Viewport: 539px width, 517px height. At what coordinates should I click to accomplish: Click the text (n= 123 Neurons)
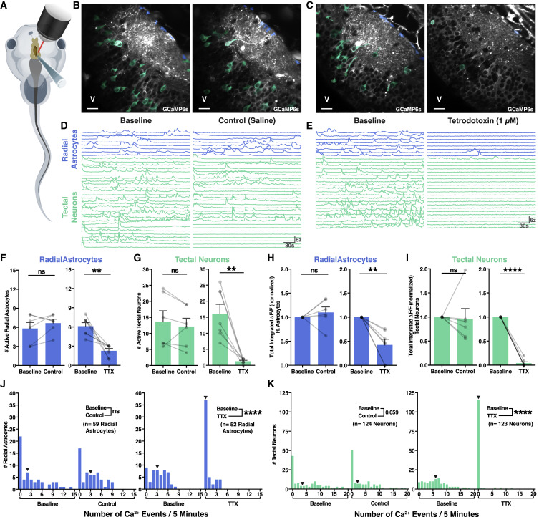(x=502, y=426)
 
